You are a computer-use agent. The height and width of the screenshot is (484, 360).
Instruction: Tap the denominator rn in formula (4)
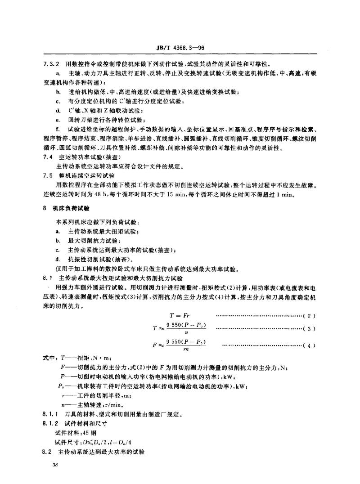[184, 350]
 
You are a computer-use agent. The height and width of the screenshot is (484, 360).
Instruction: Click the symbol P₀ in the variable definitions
[61, 385]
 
